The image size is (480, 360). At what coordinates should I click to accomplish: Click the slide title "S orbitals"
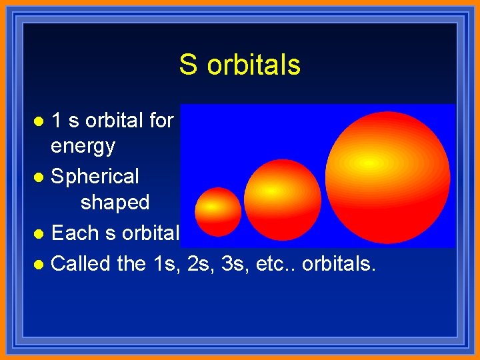[239, 65]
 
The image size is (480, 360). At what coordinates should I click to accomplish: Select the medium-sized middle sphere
[282, 191]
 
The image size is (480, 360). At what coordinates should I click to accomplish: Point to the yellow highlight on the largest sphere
[365, 163]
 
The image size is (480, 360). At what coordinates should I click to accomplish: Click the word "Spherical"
[95, 177]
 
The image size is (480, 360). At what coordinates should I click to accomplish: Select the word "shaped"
[115, 202]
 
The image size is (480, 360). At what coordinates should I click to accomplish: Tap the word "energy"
[83, 145]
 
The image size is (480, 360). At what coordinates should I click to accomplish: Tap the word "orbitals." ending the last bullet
[339, 264]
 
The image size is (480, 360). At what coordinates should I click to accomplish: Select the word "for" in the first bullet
[161, 121]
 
